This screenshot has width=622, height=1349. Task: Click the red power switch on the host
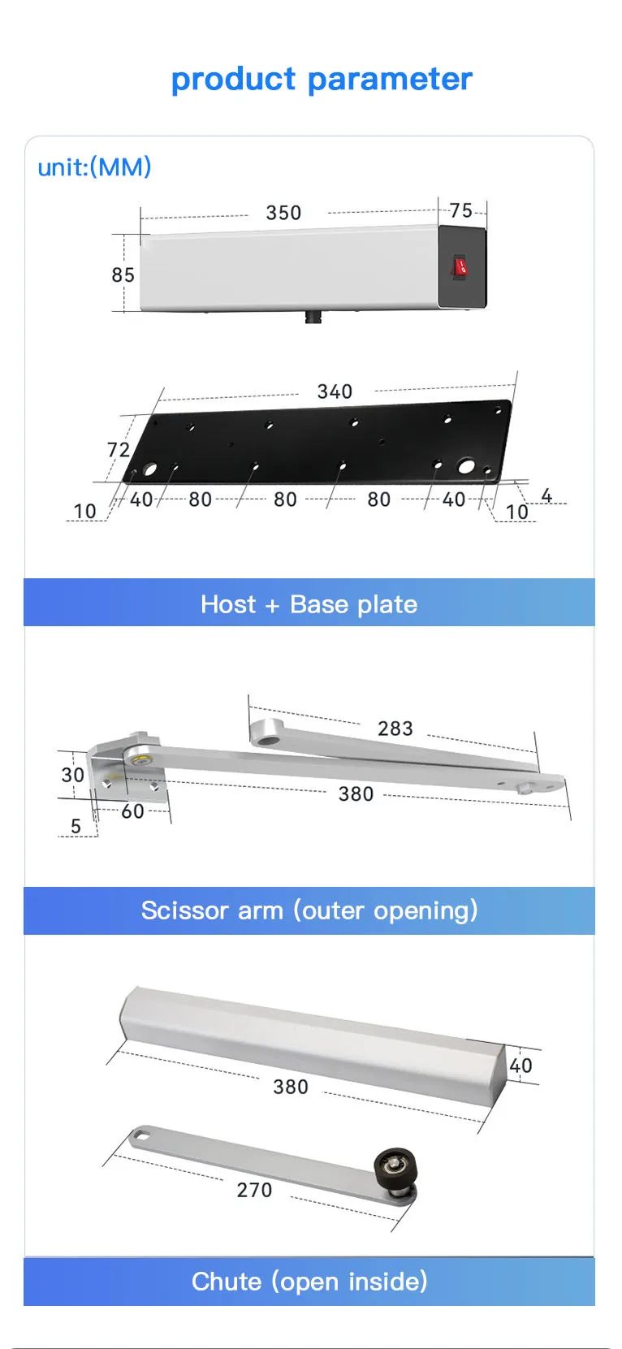click(460, 266)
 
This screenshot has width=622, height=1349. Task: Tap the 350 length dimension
click(283, 213)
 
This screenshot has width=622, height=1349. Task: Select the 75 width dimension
click(461, 210)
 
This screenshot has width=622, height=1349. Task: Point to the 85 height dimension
click(123, 275)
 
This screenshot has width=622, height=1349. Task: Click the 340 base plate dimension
click(335, 391)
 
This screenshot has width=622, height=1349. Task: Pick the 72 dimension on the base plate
click(119, 450)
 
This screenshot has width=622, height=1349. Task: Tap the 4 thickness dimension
click(546, 495)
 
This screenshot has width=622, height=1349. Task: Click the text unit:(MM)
click(95, 167)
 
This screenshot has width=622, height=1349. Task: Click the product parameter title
click(322, 79)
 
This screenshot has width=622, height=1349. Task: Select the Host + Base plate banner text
click(309, 604)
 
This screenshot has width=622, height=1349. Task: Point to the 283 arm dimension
click(395, 729)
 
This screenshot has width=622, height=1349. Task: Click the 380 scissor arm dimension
click(356, 793)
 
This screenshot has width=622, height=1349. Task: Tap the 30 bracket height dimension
click(73, 775)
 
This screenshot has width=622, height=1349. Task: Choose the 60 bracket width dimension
click(132, 811)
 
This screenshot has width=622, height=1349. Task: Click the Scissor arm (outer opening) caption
click(309, 910)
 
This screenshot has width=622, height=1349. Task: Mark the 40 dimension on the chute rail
click(520, 1066)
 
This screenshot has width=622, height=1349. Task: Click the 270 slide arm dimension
click(254, 1190)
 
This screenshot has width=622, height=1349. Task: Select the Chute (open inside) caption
click(309, 1282)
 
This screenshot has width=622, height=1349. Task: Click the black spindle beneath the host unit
click(313, 316)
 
